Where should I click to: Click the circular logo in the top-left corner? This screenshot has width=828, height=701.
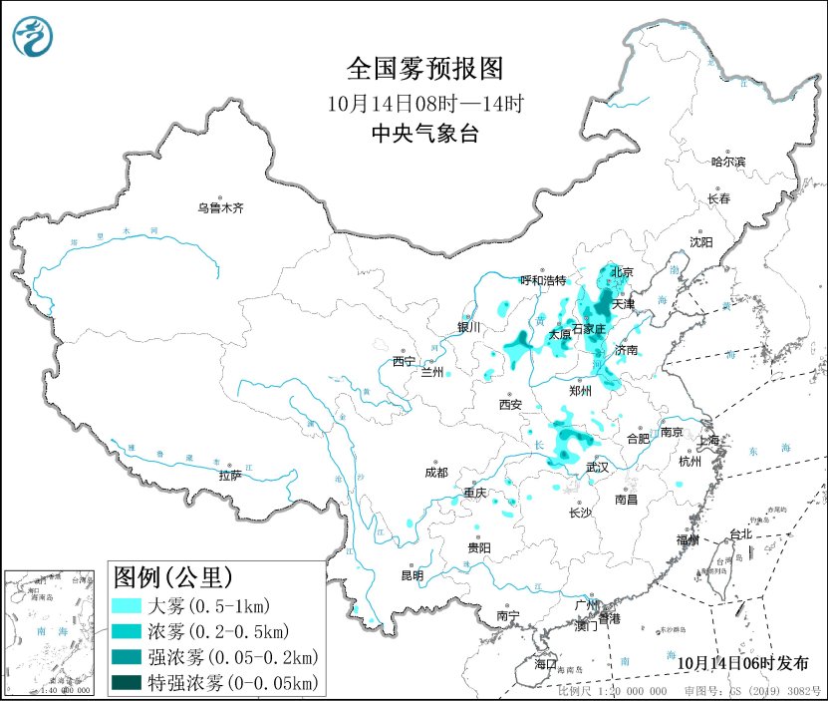[34, 37]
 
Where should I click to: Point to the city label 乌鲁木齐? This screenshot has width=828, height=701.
[219, 208]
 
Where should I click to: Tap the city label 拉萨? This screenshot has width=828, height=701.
[230, 475]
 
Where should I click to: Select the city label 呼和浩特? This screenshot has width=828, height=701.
[543, 280]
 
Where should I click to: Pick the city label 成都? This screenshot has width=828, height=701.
[435, 473]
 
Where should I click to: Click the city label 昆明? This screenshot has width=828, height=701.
[412, 575]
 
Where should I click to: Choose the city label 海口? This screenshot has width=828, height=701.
[545, 663]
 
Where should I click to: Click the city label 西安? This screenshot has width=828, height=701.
[510, 405]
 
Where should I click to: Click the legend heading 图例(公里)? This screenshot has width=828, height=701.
[173, 577]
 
